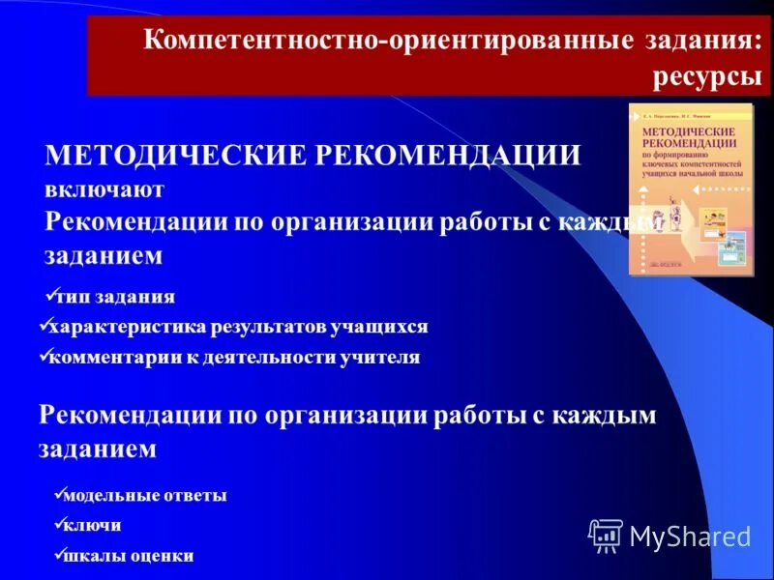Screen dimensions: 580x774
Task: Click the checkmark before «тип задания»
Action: pyautogui.click(x=51, y=293)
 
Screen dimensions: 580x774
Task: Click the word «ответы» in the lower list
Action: pyautogui.click(x=198, y=496)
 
